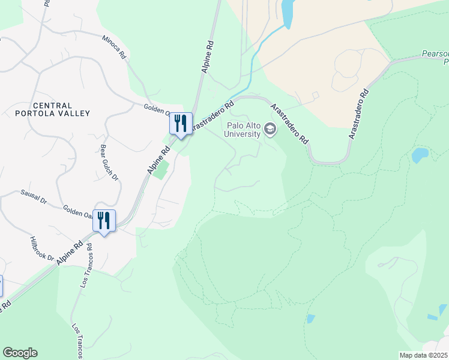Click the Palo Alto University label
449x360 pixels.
point(244,130)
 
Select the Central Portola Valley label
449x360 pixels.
point(53,109)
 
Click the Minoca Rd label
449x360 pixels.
point(114,46)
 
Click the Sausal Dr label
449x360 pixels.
point(34,197)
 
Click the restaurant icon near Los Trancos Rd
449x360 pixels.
point(104,221)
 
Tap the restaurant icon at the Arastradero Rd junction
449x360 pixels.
point(180,124)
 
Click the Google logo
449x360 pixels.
point(20,353)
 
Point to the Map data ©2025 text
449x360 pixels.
point(423,355)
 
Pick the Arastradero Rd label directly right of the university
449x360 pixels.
point(290,124)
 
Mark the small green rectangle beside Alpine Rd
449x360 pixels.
point(160,169)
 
